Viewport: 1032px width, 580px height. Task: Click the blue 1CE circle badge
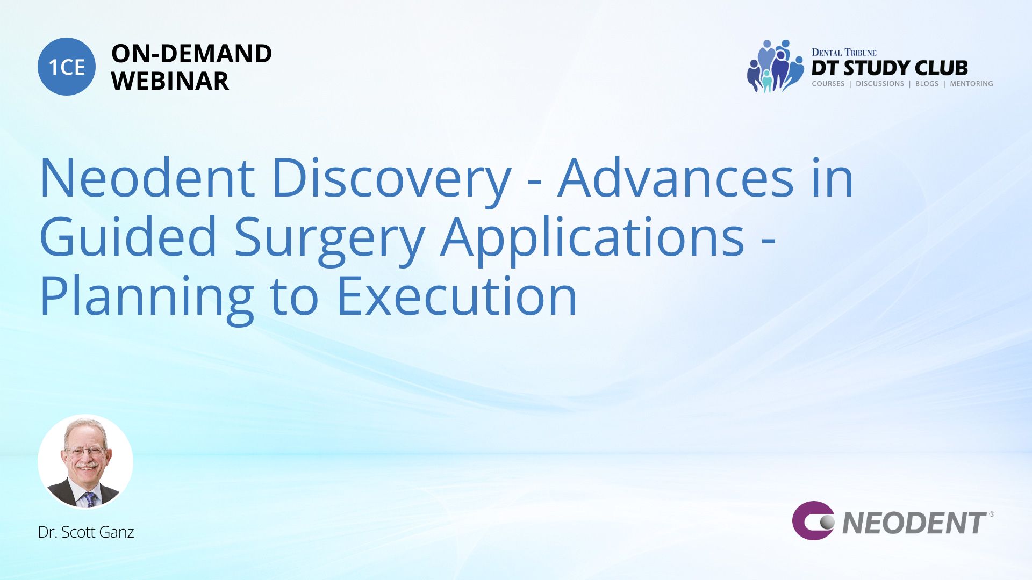coord(67,67)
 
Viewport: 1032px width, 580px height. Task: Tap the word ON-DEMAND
coord(191,54)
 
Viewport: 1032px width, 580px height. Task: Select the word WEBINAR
coord(170,81)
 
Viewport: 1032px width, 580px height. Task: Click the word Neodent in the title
coord(147,178)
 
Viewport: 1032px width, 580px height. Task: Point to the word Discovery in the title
coord(392,180)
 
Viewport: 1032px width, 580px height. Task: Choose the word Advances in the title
coord(676,178)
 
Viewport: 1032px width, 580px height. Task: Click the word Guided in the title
coord(128,237)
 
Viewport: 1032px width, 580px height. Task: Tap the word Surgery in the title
coord(329,239)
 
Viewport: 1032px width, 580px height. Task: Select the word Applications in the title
coord(592,239)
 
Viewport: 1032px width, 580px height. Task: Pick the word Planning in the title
coord(147,298)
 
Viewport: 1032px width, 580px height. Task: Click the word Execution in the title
coord(457,296)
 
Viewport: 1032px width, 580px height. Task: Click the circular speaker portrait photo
coord(85,461)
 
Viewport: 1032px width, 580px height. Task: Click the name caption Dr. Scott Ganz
coord(86,532)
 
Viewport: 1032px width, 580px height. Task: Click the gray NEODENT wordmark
coord(914,523)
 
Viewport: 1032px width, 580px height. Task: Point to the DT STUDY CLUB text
coord(890,68)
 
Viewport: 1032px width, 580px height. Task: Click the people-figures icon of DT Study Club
coord(775,66)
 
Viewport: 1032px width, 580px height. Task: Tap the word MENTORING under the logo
coord(971,84)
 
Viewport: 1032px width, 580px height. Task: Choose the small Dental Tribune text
coord(844,52)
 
